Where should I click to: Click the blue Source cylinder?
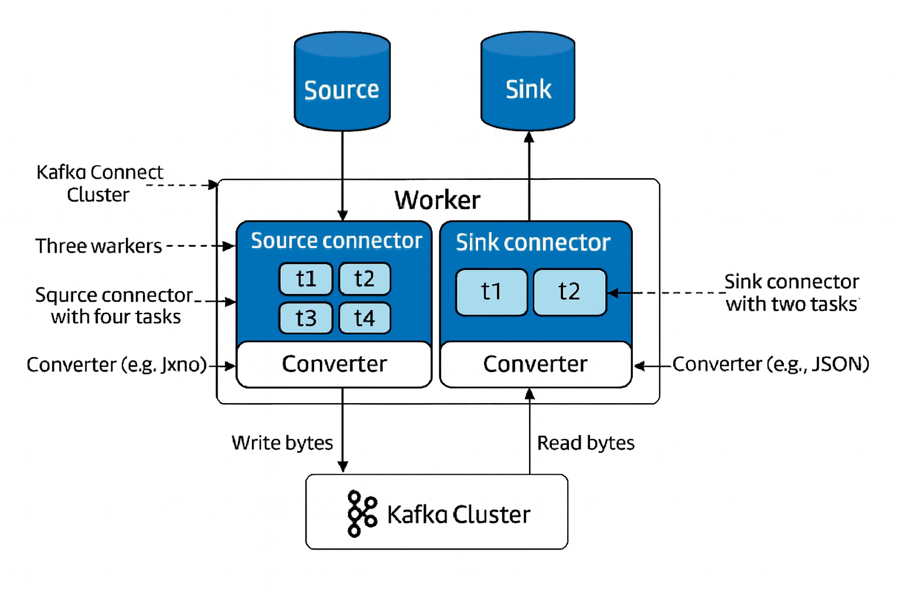coord(342,82)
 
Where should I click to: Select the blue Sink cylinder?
coord(528,82)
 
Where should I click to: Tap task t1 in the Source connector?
coord(306,279)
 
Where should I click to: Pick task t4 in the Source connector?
coord(364,318)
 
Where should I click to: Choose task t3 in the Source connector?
coord(306,318)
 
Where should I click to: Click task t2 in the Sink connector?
coord(570,292)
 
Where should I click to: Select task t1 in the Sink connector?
coord(492,292)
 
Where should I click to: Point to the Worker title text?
coord(437,200)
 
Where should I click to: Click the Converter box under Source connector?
coord(334,364)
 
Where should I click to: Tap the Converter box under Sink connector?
coord(536,364)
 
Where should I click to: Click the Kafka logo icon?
coord(362,514)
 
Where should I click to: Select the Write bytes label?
coord(282,443)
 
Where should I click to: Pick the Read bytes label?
coord(586,443)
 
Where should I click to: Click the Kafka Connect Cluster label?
coord(99,183)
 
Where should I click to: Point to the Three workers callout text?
coord(98,246)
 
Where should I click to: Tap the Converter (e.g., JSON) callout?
coord(771,364)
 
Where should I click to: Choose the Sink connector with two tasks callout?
coord(792,293)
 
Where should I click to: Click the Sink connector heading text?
coord(533,243)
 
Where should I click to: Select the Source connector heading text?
coord(336,241)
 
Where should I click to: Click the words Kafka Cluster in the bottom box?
coord(459,515)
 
